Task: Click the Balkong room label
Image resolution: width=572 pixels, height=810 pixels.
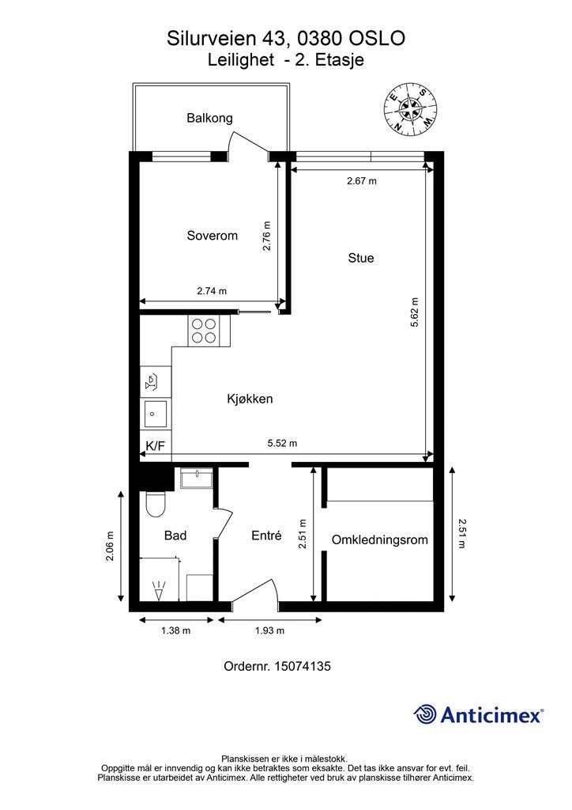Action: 209,119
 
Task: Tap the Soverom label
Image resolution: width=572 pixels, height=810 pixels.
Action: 212,236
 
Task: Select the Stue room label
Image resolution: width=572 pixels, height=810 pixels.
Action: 361,258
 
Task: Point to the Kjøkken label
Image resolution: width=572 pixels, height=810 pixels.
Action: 250,399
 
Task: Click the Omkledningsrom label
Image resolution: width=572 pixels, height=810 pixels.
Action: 379,539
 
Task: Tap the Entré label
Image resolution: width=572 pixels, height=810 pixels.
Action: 267,536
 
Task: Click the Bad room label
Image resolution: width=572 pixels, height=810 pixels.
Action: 175,536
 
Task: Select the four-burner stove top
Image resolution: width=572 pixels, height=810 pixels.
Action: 204,331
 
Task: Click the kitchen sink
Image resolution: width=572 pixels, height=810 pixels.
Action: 156,414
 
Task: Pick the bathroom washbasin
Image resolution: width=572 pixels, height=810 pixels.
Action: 196,479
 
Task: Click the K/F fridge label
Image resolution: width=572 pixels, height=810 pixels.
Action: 156,445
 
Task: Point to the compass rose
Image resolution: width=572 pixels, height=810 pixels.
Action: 411,109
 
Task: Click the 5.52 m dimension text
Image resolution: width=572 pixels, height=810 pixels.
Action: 282,443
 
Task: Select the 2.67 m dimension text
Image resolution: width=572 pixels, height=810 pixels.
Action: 362,181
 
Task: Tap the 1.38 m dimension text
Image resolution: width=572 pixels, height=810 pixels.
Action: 176,630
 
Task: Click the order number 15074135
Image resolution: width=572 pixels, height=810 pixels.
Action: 303,666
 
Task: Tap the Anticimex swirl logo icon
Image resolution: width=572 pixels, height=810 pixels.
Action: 425,714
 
